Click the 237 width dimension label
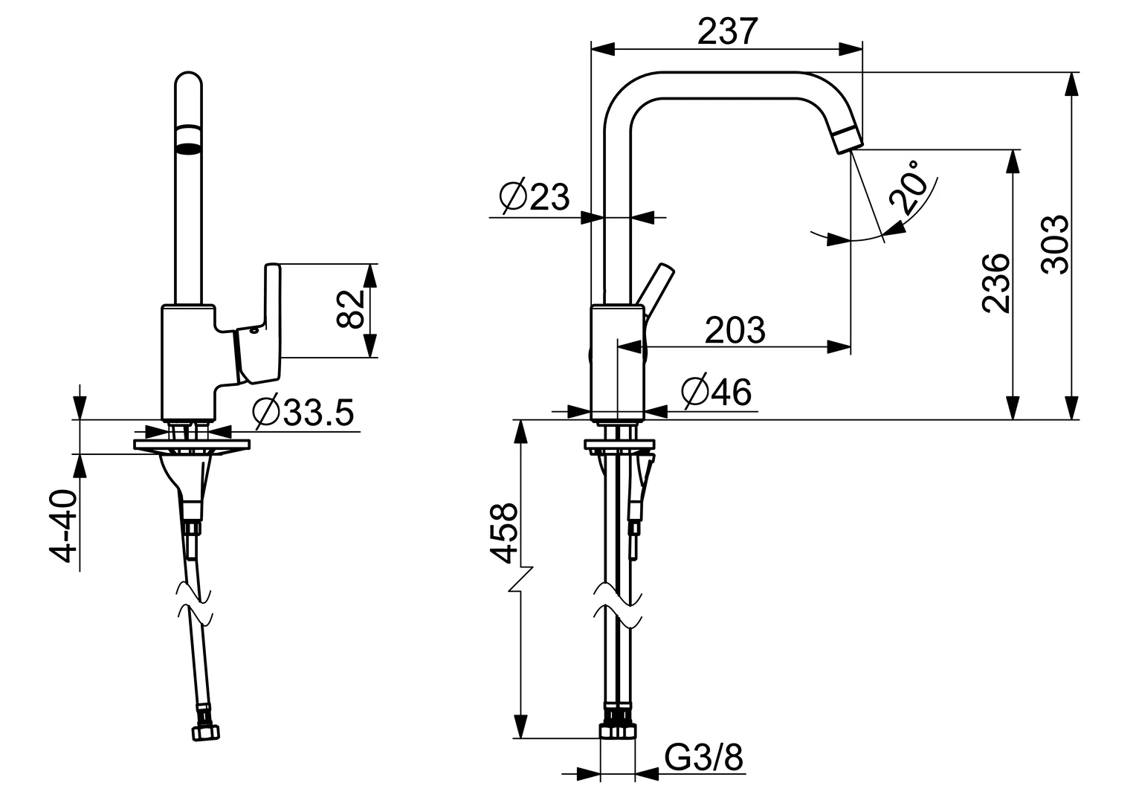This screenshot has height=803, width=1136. pos(727,31)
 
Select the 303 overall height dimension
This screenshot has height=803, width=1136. pos(1054,245)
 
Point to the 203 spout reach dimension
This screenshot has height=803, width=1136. pos(735,329)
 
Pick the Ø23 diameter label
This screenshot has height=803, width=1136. pos(535,196)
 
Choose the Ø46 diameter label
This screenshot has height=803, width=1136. pos(717,392)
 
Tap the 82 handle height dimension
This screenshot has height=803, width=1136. pos(350,309)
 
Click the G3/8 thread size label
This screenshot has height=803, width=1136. pos(703,758)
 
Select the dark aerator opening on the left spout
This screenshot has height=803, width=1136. pos(188,139)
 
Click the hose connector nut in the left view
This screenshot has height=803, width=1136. pos(206,733)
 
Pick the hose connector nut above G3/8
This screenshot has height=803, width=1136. pos(618,731)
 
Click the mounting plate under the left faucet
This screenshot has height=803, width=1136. pos(192,445)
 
